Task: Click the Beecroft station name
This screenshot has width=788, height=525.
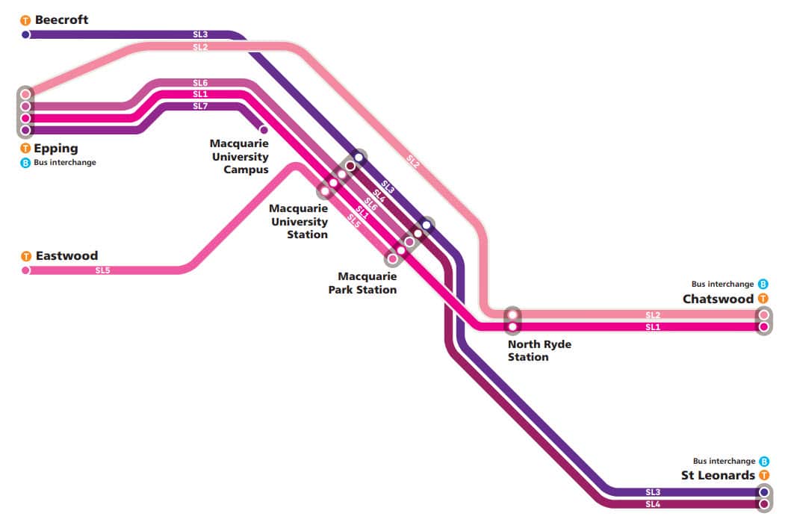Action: click(61, 19)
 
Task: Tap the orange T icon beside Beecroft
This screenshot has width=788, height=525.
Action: click(25, 21)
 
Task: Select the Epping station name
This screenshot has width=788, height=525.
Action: click(56, 148)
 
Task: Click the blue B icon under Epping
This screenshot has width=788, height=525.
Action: click(25, 163)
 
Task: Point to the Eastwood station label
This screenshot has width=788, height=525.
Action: click(66, 255)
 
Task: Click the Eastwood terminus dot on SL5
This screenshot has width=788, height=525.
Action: click(25, 270)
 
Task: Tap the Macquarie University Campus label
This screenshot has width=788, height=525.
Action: click(239, 156)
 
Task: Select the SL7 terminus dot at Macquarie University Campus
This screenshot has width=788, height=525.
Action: click(263, 130)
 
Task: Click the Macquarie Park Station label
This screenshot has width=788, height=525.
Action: click(363, 283)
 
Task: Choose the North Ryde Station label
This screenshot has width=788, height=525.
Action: click(539, 350)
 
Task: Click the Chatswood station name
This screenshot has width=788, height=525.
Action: click(718, 299)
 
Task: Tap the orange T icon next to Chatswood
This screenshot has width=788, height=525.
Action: click(763, 299)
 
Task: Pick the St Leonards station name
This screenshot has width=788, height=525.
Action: click(718, 475)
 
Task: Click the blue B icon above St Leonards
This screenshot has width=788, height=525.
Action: click(763, 462)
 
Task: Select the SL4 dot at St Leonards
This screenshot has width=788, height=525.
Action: click(763, 504)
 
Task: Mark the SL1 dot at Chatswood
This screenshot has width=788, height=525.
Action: click(763, 326)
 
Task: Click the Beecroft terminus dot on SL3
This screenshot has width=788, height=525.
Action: click(25, 34)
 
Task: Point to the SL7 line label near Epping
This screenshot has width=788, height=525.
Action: click(200, 106)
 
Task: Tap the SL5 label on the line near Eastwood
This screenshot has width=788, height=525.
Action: click(102, 270)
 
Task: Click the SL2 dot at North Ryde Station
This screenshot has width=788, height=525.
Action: click(512, 314)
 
